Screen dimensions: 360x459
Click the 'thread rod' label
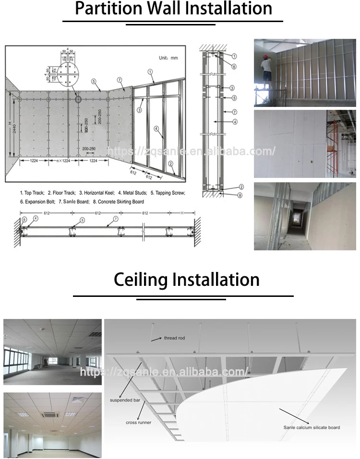click(x=174, y=338)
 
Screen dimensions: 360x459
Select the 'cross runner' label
click(x=138, y=423)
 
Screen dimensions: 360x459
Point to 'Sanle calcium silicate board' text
click(x=312, y=427)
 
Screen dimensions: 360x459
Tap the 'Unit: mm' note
click(x=168, y=58)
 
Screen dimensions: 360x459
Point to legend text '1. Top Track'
click(x=33, y=193)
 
